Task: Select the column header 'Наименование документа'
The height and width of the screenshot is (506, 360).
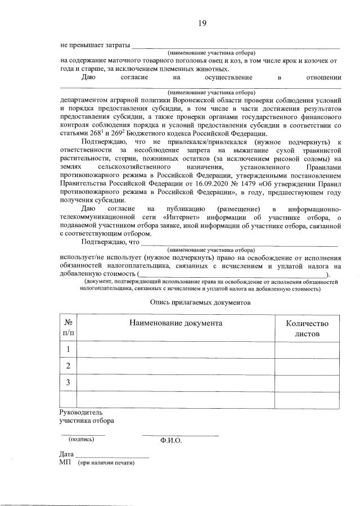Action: pyautogui.click(x=176, y=323)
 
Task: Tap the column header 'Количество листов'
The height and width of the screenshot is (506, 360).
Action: pyautogui.click(x=307, y=328)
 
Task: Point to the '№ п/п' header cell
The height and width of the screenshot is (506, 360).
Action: pyautogui.click(x=68, y=328)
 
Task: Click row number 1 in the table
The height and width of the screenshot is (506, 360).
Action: pyautogui.click(x=68, y=350)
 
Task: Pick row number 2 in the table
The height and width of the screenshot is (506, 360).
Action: pyautogui.click(x=68, y=366)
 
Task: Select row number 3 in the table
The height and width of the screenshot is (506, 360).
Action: pyautogui.click(x=68, y=382)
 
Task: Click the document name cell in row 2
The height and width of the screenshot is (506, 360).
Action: pyautogui.click(x=176, y=366)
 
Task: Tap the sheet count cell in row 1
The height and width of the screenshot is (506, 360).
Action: pyautogui.click(x=307, y=350)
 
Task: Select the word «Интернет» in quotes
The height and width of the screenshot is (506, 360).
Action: pyautogui.click(x=180, y=218)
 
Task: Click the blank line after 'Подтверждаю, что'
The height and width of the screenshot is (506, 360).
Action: pyautogui.click(x=239, y=244)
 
